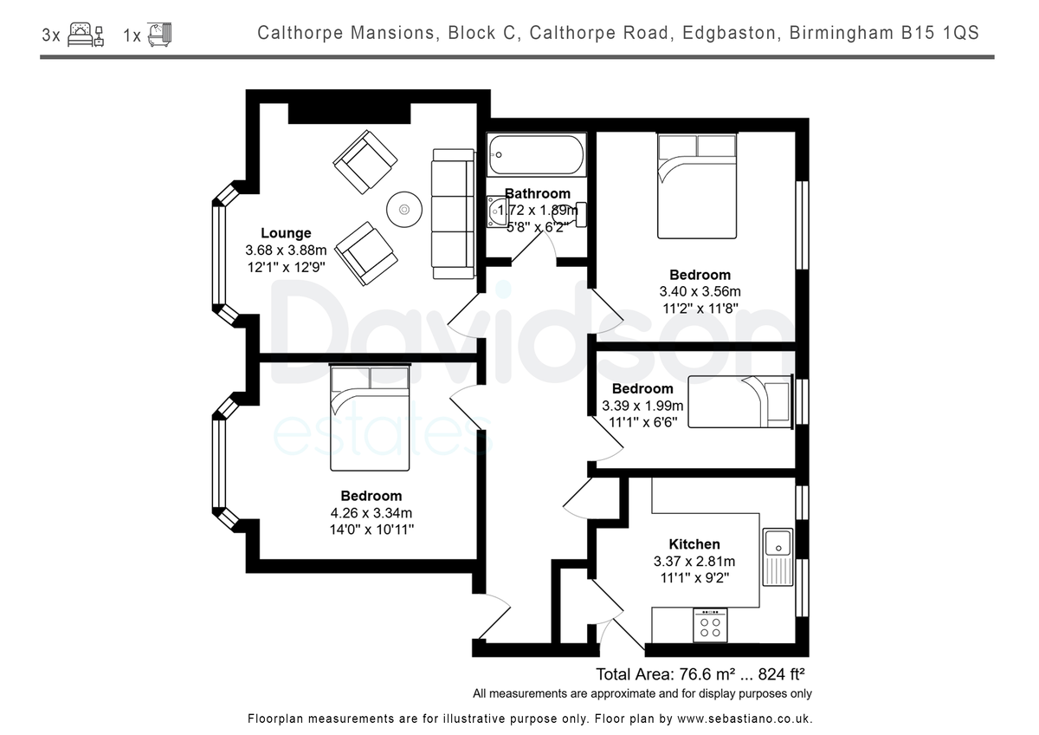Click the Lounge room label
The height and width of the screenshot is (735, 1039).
tap(286, 232)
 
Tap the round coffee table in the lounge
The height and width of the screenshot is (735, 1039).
tap(404, 210)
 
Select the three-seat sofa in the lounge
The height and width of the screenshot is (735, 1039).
tap(453, 213)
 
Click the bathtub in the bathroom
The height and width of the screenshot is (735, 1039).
tap(536, 154)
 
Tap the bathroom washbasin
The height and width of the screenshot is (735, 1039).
tap(497, 211)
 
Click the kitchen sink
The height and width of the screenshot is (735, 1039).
tap(778, 556)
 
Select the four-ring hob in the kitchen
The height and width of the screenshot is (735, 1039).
tap(710, 626)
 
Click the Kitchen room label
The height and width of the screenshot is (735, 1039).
tap(694, 544)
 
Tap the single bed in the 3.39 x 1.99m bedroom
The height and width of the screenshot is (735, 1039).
tap(740, 401)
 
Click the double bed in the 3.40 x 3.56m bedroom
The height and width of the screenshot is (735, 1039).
tap(697, 185)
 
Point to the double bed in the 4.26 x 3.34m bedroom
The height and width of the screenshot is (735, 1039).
tap(370, 418)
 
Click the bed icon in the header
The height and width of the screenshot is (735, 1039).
tap(86, 35)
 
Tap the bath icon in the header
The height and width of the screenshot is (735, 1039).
tap(159, 35)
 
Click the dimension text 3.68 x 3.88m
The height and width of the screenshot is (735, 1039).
tap(286, 250)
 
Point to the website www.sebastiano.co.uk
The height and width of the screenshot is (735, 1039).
tap(745, 719)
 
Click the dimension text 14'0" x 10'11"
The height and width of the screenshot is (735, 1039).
tap(371, 530)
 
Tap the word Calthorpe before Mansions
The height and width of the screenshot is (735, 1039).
tap(300, 33)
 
